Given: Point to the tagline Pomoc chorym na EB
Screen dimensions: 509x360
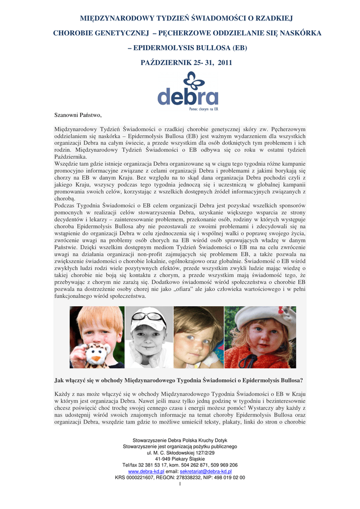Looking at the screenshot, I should (x=204, y=108).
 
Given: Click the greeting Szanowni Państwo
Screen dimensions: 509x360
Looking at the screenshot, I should (x=78, y=115).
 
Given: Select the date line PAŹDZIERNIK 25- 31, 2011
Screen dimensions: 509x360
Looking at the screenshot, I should (x=180, y=63).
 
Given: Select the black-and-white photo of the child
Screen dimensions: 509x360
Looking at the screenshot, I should (x=149, y=337).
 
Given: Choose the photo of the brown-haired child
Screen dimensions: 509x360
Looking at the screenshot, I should (x=198, y=337).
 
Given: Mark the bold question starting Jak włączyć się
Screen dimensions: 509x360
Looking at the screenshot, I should (x=180, y=381).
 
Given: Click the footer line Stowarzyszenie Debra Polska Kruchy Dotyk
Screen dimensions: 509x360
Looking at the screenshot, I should (x=180, y=441).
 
